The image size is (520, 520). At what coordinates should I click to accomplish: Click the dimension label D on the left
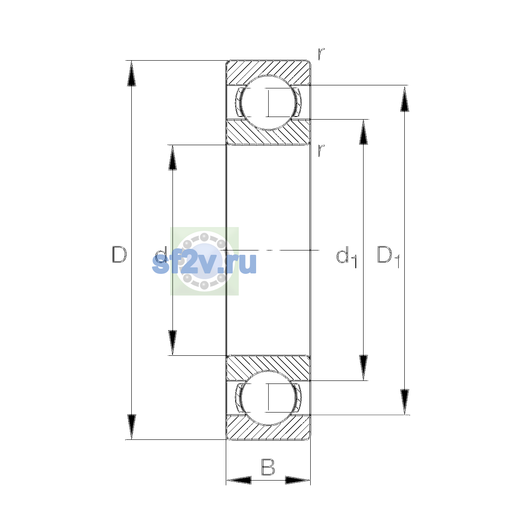coord(119,254)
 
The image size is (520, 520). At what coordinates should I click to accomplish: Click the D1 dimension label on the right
coord(388,257)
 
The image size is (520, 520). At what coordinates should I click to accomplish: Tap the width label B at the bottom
coord(268,467)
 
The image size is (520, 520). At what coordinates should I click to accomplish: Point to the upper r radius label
coord(321,54)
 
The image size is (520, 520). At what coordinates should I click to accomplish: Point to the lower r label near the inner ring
coord(321,150)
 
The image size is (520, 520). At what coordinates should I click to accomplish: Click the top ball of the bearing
coord(268,103)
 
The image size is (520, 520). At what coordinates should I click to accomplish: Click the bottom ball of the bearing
coord(268,398)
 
